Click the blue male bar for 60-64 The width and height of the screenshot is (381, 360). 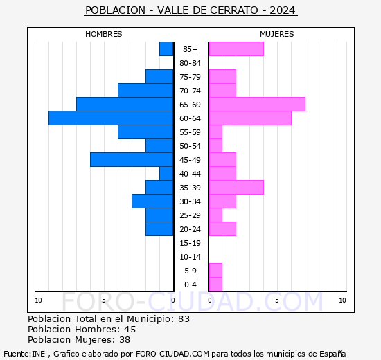tap(111, 118)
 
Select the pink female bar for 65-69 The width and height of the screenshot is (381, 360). tap(256, 105)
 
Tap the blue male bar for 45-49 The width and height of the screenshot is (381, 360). tap(132, 160)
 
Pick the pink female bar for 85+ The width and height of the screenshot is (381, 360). tap(236, 49)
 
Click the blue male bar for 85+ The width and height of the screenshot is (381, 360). tap(166, 49)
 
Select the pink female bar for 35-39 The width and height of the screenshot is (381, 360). tap(236, 188)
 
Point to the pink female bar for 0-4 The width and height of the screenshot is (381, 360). tap(215, 285)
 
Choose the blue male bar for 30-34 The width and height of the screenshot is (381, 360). tap(152, 201)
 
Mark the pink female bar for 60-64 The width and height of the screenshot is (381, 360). tap(249, 118)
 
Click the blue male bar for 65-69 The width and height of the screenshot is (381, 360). tap(125, 105)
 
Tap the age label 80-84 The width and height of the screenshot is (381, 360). tap(190, 63)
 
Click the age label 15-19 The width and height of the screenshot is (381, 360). tap(190, 243)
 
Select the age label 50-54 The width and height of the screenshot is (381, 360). tap(190, 146)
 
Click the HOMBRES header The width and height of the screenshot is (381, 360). tap(104, 34)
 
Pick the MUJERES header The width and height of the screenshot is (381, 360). tap(276, 34)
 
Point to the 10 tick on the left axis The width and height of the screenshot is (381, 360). tap(39, 300)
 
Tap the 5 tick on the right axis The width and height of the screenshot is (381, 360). tap(276, 300)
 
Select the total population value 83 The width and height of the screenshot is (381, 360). tap(184, 319)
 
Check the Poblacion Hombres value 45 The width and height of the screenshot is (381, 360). tap(130, 330)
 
